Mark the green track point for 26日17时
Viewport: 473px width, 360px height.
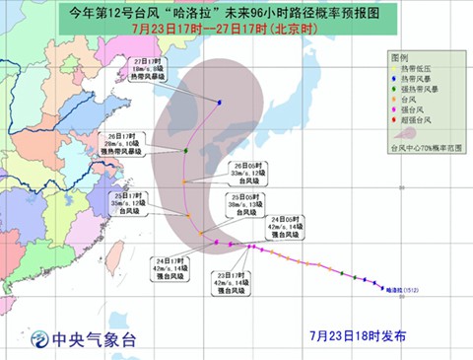click(186, 151)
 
